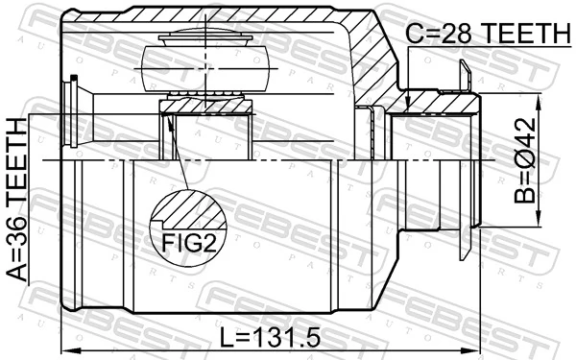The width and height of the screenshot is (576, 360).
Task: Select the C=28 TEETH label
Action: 485,36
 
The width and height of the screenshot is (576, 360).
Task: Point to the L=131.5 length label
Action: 270,338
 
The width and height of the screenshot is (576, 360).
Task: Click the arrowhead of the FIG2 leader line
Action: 168,120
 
